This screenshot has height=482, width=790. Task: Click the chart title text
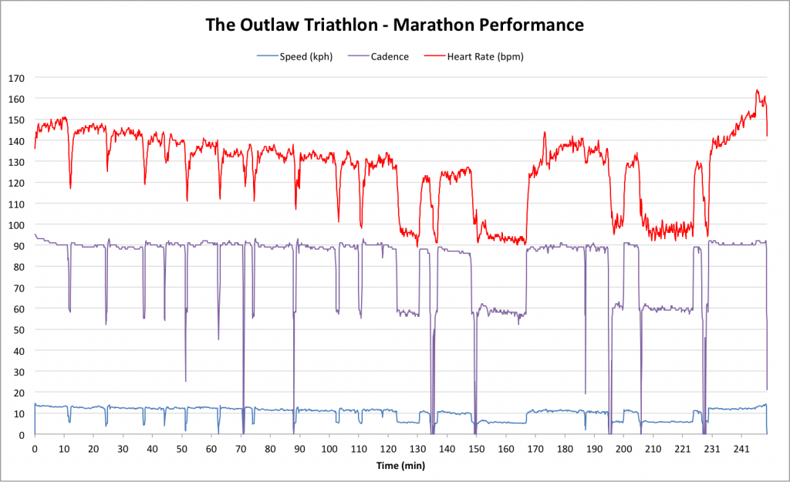(394, 25)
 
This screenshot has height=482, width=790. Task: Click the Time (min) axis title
(400, 466)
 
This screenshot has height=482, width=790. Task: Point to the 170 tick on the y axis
(16, 78)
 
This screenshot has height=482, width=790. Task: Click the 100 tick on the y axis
(16, 224)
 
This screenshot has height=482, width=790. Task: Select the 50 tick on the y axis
(19, 329)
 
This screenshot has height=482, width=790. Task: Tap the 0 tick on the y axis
(22, 434)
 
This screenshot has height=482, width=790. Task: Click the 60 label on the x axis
(211, 447)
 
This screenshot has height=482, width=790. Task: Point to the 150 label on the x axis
(476, 447)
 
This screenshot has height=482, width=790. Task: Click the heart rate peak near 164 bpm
(757, 91)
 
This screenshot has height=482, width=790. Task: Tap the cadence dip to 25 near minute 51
(185, 380)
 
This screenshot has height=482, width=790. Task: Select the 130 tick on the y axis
(16, 162)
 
